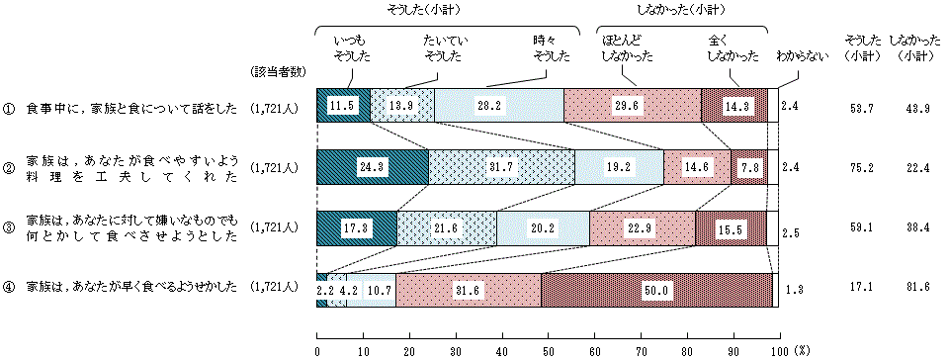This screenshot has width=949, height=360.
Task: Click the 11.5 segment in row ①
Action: (x=343, y=106)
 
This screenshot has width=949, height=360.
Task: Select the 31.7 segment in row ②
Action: (x=502, y=167)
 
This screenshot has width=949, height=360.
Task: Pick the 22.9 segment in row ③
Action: (x=643, y=228)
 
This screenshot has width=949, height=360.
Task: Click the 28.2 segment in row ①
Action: (x=499, y=106)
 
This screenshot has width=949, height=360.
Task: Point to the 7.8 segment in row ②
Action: (x=748, y=167)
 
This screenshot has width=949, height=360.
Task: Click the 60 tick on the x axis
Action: (x=594, y=350)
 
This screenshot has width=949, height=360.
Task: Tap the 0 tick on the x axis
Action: (x=317, y=350)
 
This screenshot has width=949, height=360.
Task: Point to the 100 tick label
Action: (x=778, y=350)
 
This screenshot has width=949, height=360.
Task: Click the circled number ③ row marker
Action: (x=8, y=228)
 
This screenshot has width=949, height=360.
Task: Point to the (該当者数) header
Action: (x=279, y=73)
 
